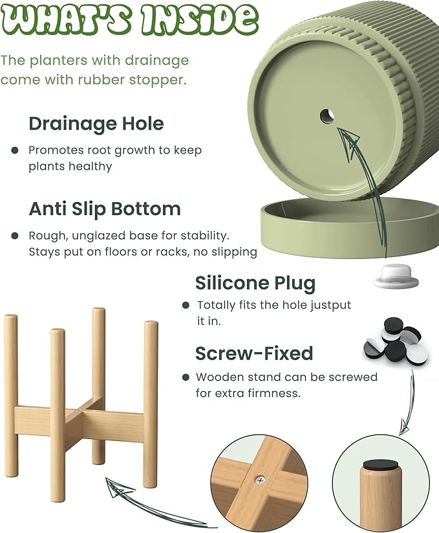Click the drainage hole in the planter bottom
pyautogui.click(x=327, y=117)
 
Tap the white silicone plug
pyautogui.click(x=396, y=277)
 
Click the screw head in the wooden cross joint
pyautogui.click(x=261, y=481)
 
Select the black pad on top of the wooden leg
pyautogui.click(x=380, y=466)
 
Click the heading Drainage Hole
pyautogui.click(x=96, y=124)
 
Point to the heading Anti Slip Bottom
pyautogui.click(x=105, y=209)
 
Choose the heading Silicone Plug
pyautogui.click(x=255, y=283)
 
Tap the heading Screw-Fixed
pyautogui.click(x=254, y=354)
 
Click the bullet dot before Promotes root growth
pyautogui.click(x=15, y=150)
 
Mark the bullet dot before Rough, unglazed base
pyautogui.click(x=15, y=236)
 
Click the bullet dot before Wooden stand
pyautogui.click(x=186, y=378)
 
